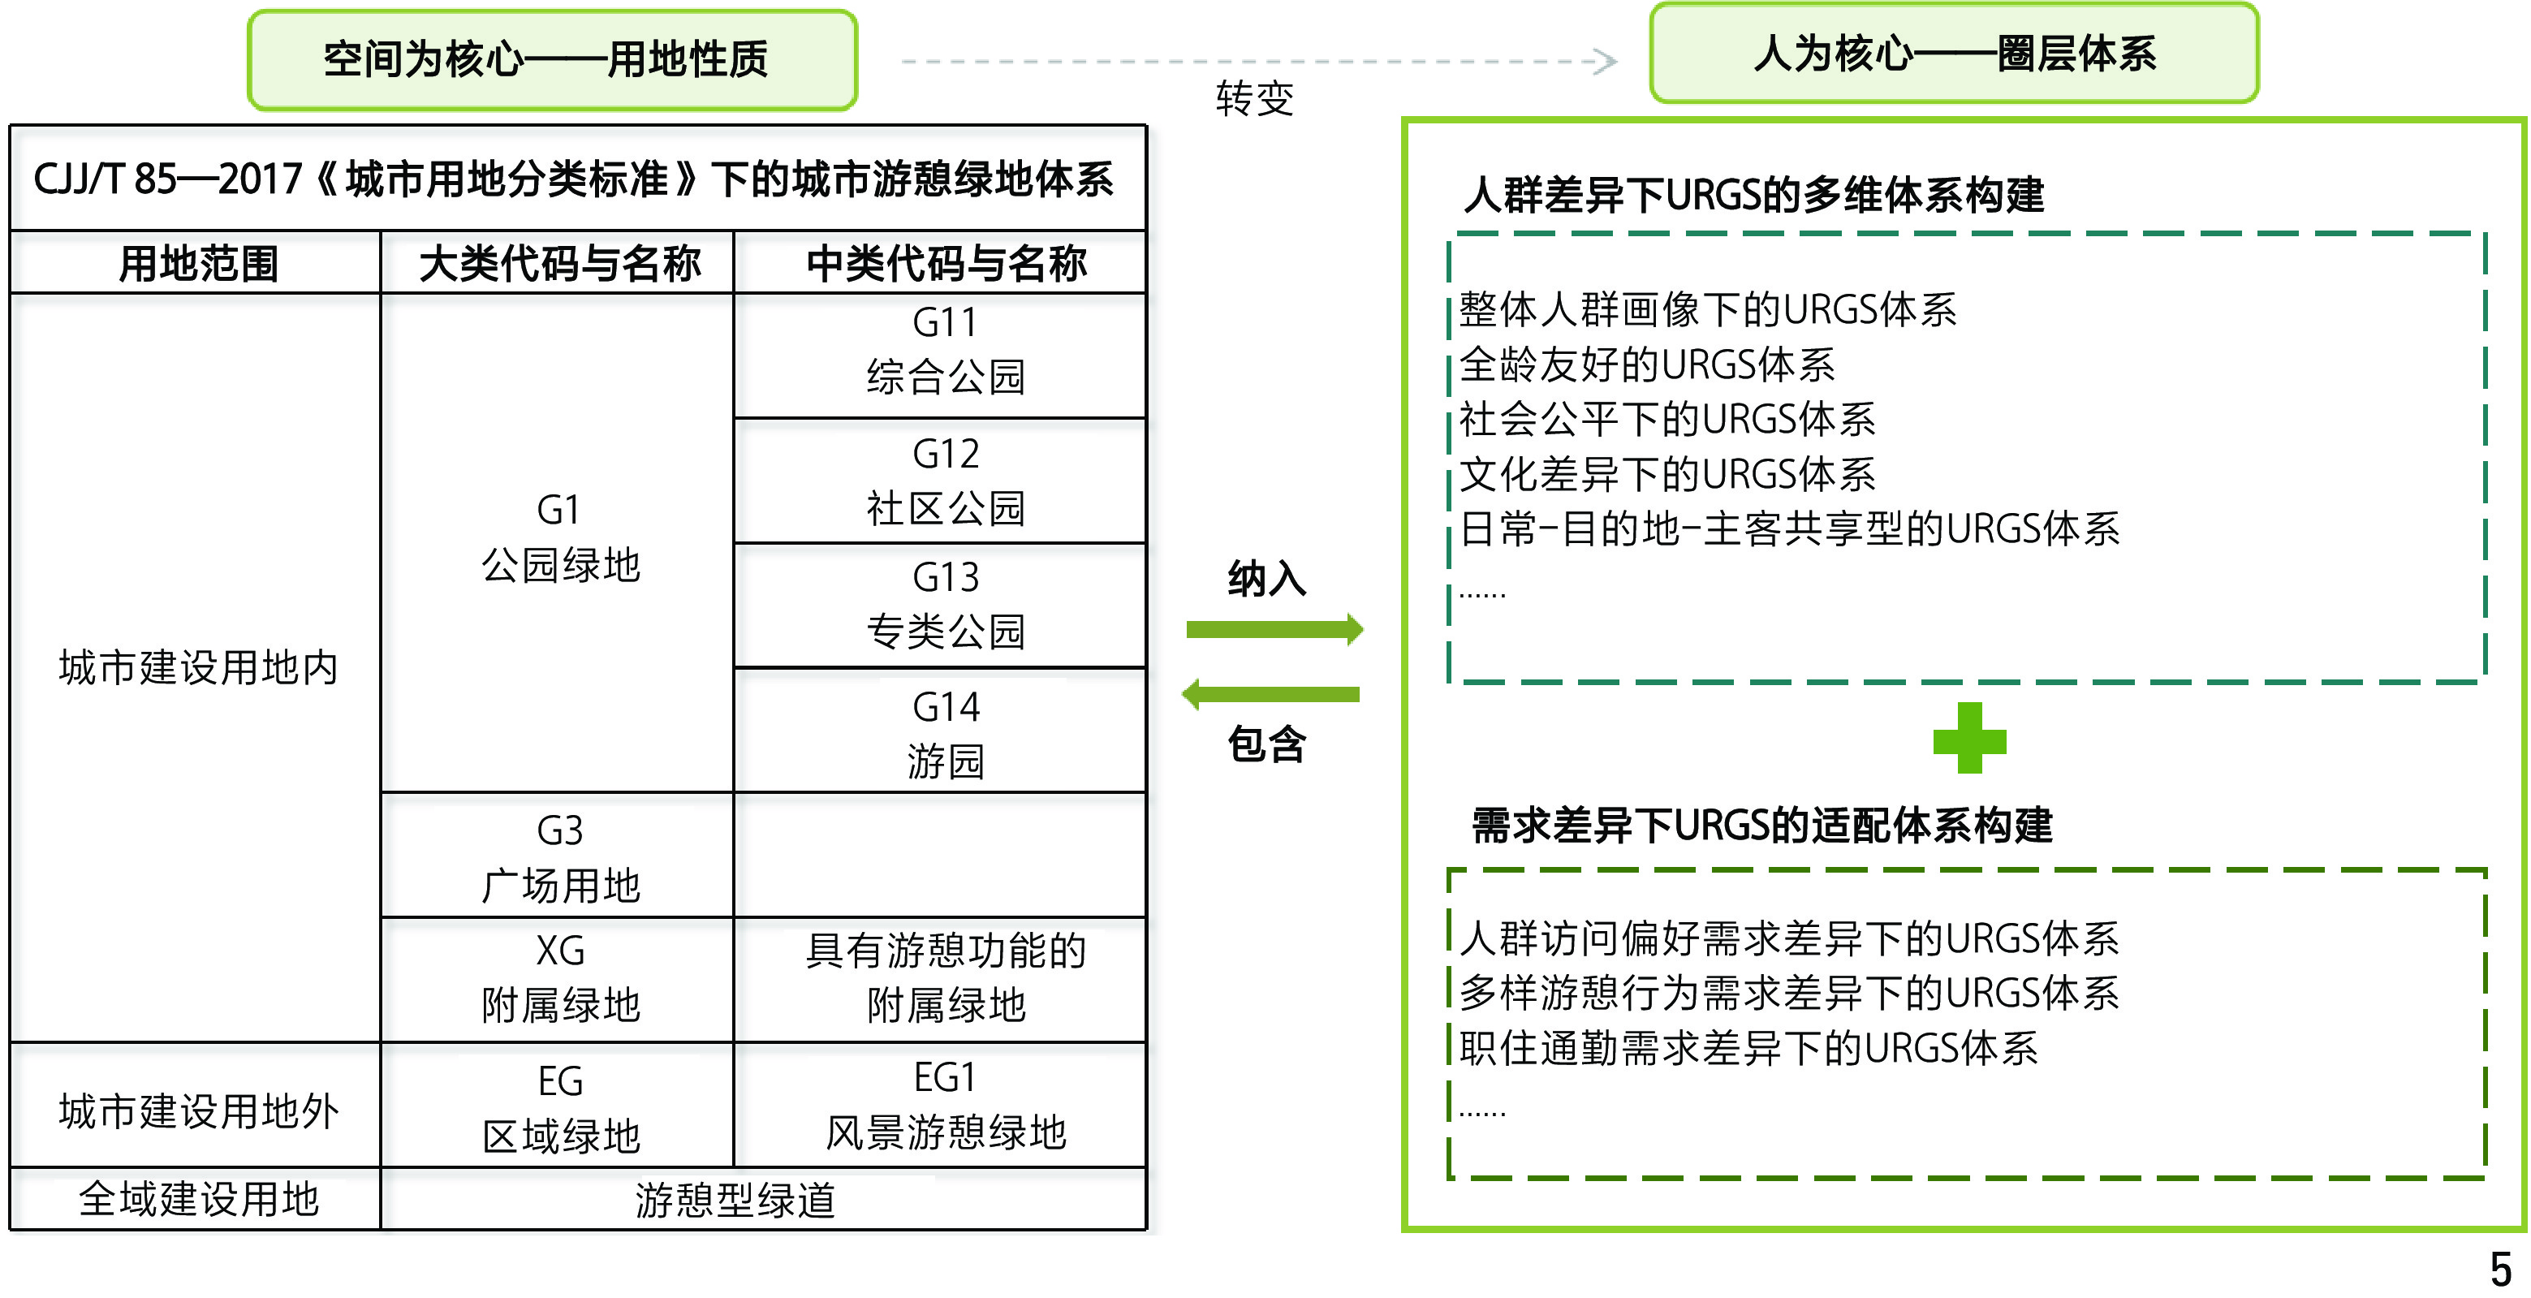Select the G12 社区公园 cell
click(x=944, y=481)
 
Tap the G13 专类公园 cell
click(x=944, y=604)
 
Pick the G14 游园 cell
click(x=944, y=733)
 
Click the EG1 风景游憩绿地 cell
click(x=944, y=1106)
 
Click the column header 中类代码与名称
click(x=944, y=263)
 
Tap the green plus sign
click(x=1969, y=738)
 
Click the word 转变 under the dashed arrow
click(x=1255, y=98)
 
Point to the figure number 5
click(x=2500, y=1270)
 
